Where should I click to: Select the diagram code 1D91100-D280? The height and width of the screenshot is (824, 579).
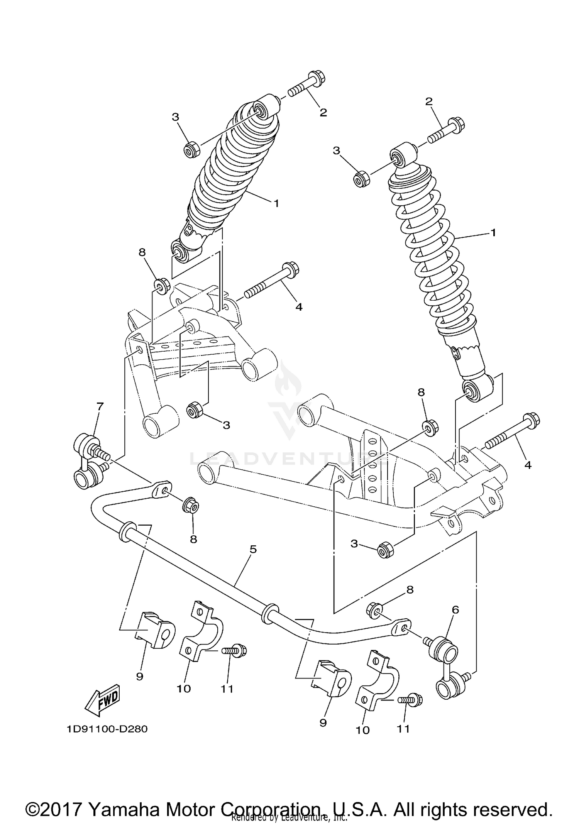point(107,729)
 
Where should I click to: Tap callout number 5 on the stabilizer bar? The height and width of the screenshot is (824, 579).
point(253,549)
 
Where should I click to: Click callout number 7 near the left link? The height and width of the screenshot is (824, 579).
point(100,406)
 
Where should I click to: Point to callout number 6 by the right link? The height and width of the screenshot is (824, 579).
point(455,610)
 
